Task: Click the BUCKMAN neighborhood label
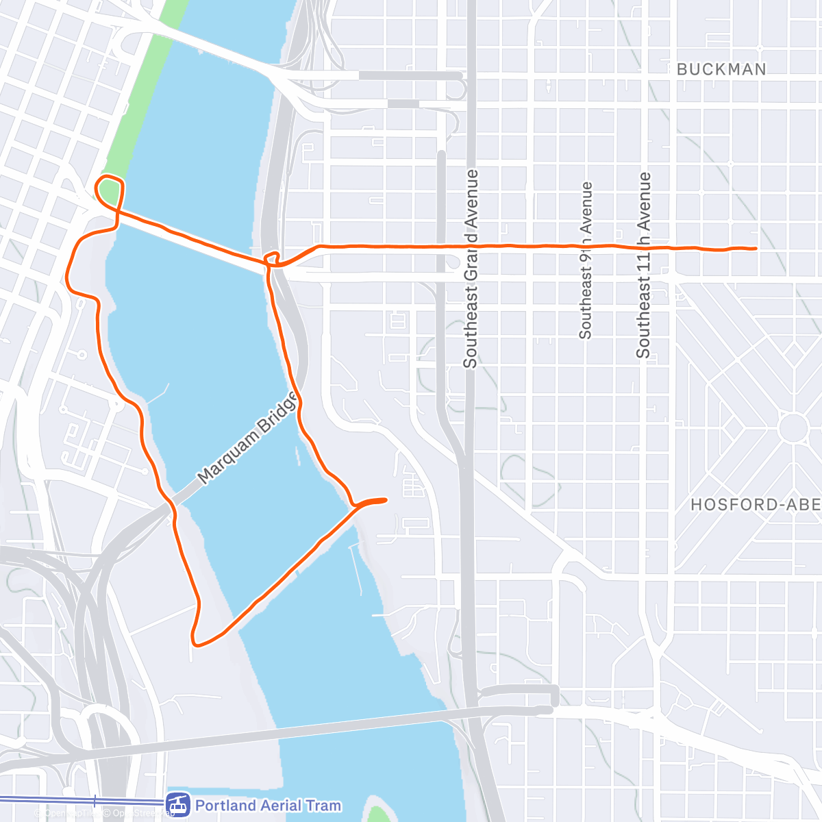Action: (721, 69)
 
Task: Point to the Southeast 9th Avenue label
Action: (586, 260)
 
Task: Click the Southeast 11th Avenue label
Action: (643, 264)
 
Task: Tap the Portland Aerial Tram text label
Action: (268, 806)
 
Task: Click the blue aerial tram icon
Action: (179, 806)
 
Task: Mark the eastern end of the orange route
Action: (755, 248)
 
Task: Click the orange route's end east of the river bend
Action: (386, 500)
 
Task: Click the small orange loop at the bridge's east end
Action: (273, 258)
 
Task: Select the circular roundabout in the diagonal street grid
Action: (794, 427)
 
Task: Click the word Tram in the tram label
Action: (322, 806)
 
